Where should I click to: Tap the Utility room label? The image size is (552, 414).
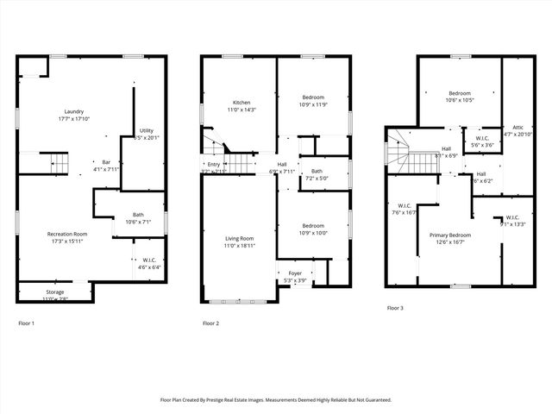tap(147, 131)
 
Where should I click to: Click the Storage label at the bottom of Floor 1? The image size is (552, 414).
tap(54, 293)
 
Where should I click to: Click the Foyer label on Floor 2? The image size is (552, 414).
tap(295, 273)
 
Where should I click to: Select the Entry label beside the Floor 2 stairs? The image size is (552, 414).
tap(213, 165)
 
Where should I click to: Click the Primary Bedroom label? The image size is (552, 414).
tap(450, 235)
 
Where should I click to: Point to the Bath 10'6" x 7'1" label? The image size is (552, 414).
tap(138, 216)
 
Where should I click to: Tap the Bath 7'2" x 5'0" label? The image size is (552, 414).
tap(317, 171)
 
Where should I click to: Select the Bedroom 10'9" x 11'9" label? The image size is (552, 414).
tap(313, 97)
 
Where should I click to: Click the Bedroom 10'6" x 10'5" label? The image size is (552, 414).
tap(459, 93)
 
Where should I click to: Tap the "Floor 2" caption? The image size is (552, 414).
tap(210, 323)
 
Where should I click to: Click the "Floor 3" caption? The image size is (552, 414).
tap(394, 308)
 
